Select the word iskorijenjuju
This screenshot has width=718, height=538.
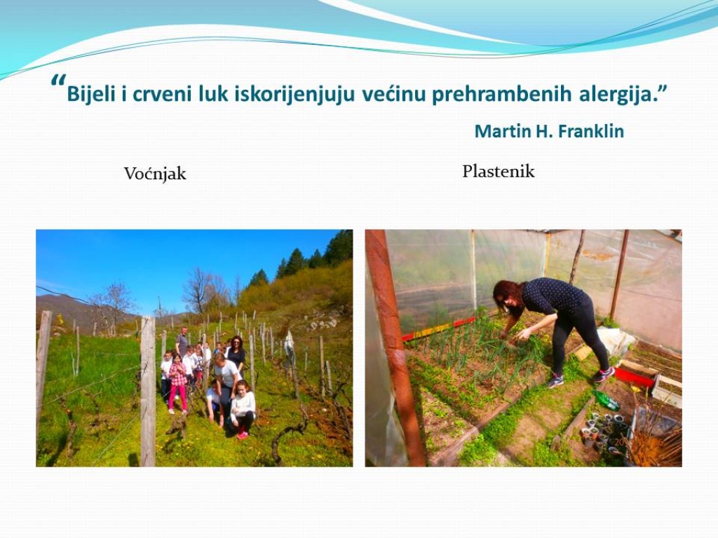[295, 95]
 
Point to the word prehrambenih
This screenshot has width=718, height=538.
[501, 95]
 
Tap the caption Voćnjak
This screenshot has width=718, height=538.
[155, 174]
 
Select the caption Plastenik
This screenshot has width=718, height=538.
[499, 172]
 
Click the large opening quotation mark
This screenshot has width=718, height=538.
[58, 81]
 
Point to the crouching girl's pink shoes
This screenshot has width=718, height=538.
[242, 434]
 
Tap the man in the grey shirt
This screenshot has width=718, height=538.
[182, 342]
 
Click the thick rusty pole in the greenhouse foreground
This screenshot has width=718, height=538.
[395, 347]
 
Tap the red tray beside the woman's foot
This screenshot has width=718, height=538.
[635, 376]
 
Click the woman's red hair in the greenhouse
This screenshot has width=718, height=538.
[508, 297]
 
